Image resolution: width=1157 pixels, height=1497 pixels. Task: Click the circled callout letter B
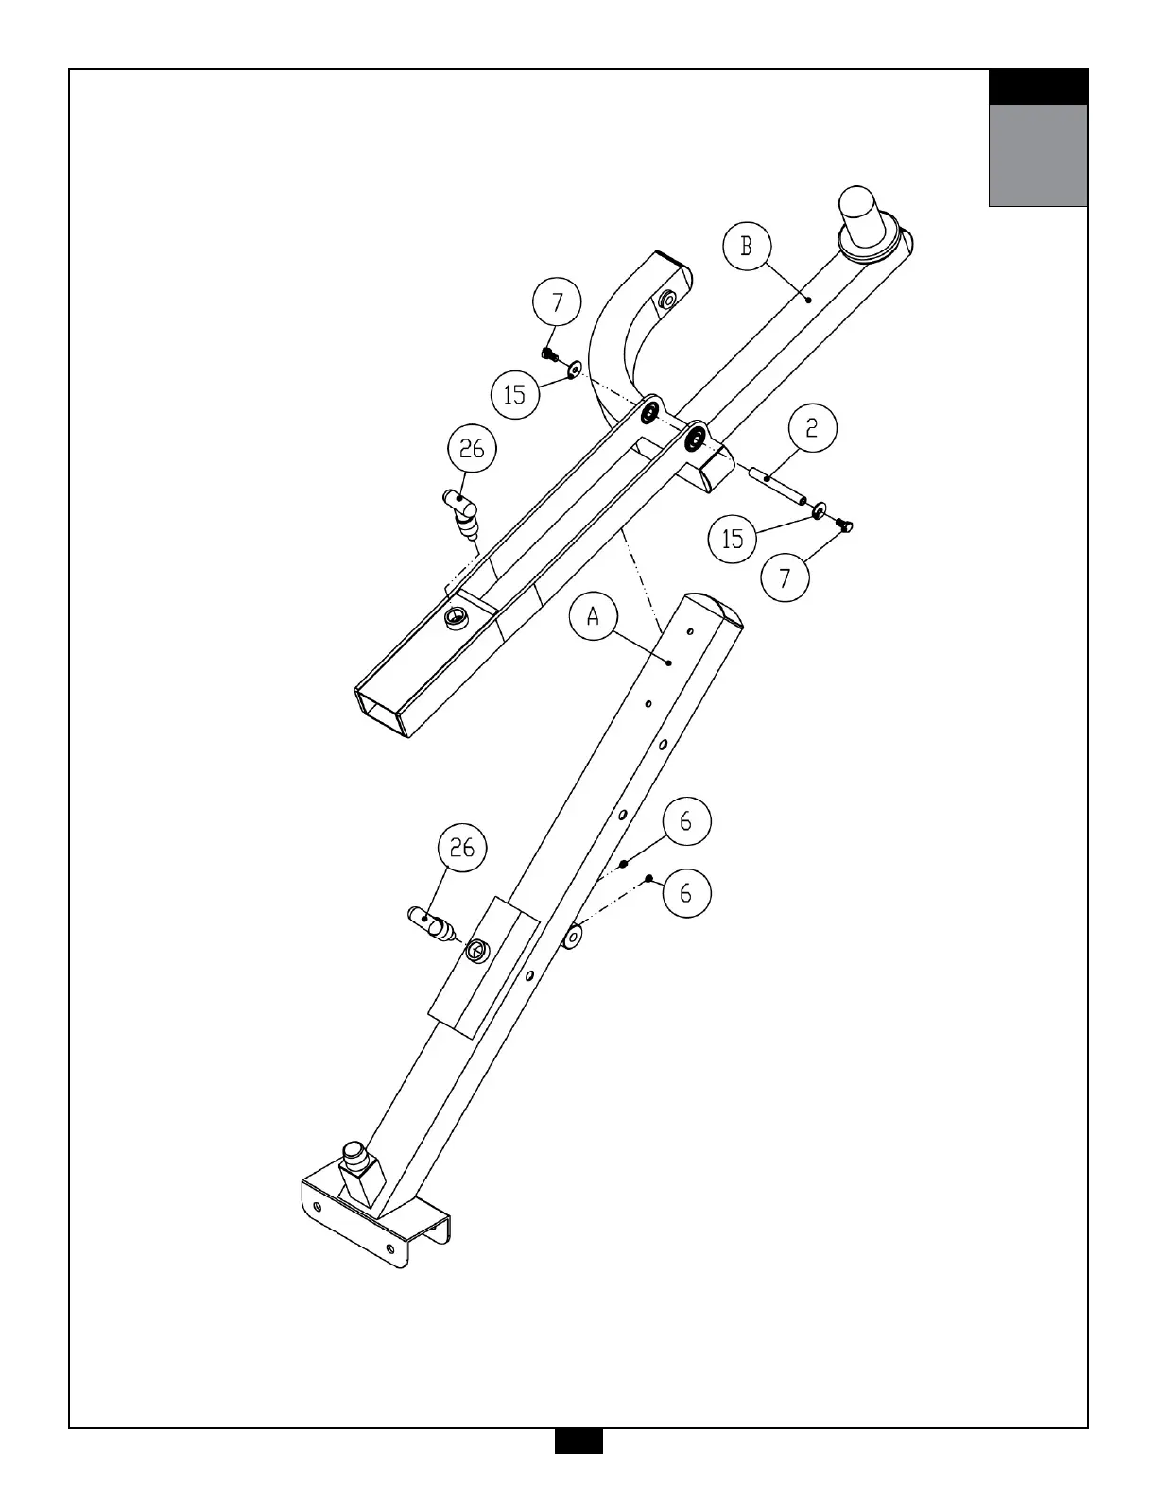coord(747,246)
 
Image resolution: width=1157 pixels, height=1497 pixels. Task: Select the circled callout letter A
coord(594,616)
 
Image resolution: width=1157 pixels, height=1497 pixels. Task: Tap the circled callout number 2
coord(812,428)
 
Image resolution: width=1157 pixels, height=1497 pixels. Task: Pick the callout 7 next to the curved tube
coord(557,301)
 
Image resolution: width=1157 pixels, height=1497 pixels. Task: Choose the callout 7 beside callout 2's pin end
coord(785,577)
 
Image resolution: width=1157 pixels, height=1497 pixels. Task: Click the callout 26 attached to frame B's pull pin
coord(472,449)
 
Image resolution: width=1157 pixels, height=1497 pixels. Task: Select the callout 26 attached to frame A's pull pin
coord(462,847)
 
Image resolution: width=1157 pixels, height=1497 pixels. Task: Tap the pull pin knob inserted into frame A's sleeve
coord(431,922)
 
